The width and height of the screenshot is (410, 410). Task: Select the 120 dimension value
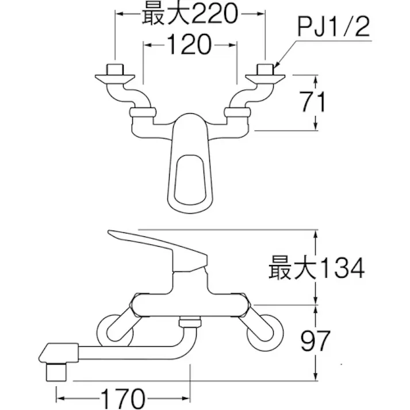[190, 44]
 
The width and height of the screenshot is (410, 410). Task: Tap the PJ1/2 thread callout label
[334, 27]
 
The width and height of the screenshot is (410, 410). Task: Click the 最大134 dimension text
[316, 268]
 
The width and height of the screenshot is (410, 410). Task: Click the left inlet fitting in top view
[115, 75]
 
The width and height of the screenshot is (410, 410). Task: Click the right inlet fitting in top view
[265, 75]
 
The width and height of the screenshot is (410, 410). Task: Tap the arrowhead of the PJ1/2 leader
[277, 64]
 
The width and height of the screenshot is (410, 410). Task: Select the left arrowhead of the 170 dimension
[59, 397]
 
